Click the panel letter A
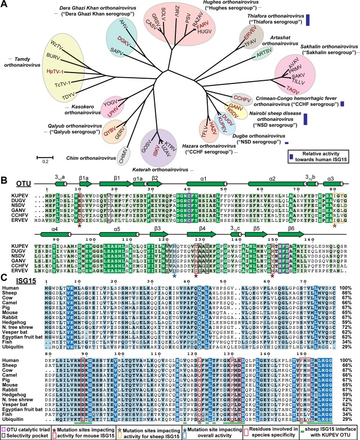point(4,5)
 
